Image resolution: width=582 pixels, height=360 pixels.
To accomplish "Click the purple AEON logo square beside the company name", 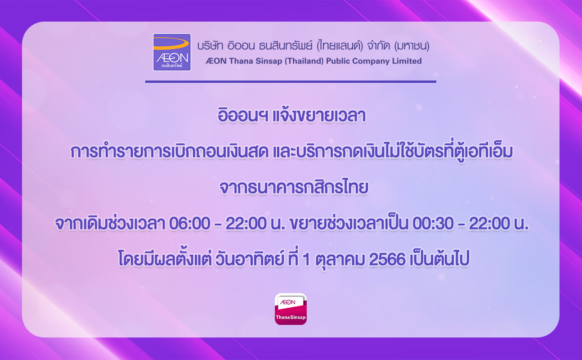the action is pyautogui.click(x=172, y=52).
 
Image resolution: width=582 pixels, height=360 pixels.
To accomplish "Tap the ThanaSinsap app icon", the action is pyautogui.click(x=291, y=309).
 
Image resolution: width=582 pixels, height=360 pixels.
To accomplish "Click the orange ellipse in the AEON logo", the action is pyautogui.click(x=171, y=43).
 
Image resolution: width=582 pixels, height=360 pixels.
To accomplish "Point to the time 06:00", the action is pyautogui.click(x=190, y=224).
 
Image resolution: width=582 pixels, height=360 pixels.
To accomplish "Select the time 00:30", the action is pyautogui.click(x=433, y=224).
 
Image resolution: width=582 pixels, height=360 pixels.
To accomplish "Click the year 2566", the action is pyautogui.click(x=387, y=259).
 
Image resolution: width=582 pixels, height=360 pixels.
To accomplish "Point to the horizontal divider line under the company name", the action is pyautogui.click(x=291, y=81).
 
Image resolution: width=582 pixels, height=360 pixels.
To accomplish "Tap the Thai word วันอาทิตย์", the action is pyautogui.click(x=250, y=259).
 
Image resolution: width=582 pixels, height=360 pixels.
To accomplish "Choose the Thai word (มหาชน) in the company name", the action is pyautogui.click(x=412, y=46).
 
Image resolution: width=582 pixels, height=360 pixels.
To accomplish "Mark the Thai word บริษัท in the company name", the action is pyautogui.click(x=210, y=46).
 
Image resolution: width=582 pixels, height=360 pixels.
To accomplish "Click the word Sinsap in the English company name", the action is pyautogui.click(x=269, y=61).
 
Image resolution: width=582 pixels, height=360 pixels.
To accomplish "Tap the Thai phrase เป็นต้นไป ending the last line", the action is pyautogui.click(x=439, y=259).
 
